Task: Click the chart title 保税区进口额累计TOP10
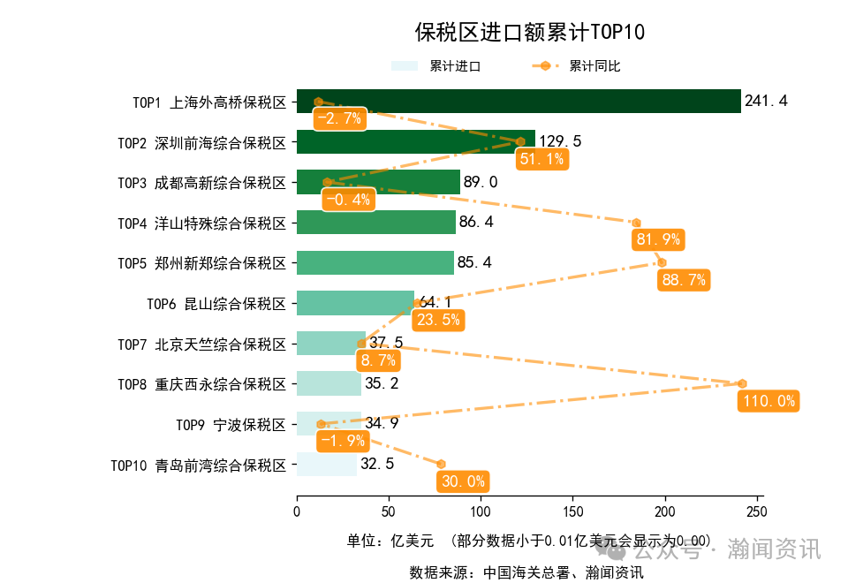click(x=530, y=33)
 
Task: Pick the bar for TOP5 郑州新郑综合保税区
click(x=375, y=262)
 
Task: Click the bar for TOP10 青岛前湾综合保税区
click(x=326, y=465)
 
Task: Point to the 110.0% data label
click(x=768, y=401)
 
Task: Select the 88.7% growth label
click(x=683, y=280)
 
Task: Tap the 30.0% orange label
click(x=462, y=481)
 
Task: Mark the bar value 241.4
click(x=766, y=102)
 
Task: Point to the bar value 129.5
click(x=560, y=141)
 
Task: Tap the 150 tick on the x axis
click(x=572, y=511)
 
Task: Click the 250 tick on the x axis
click(x=757, y=511)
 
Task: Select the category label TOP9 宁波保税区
click(x=231, y=425)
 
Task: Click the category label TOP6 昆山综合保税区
click(x=216, y=304)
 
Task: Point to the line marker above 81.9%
click(x=636, y=223)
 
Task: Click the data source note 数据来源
click(x=526, y=572)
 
